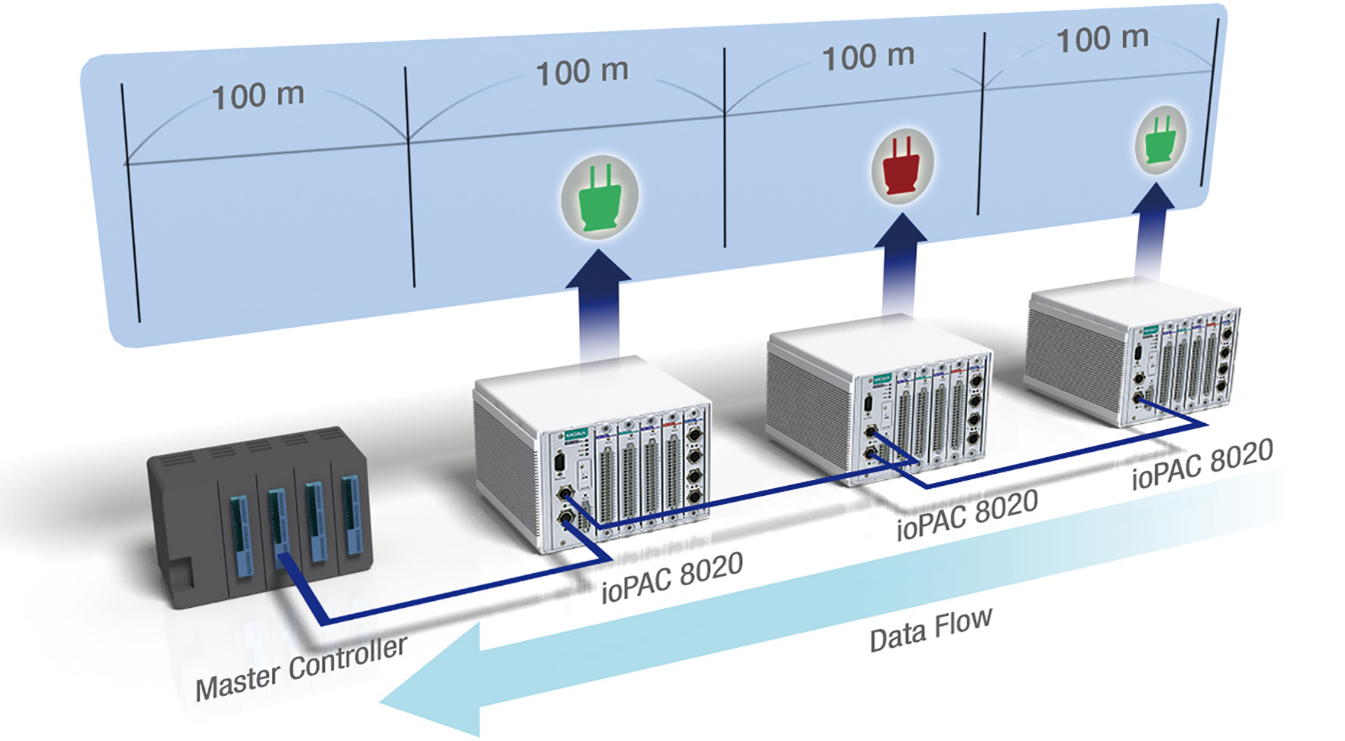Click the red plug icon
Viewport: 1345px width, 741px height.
point(902,164)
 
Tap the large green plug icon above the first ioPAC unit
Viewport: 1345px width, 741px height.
point(600,197)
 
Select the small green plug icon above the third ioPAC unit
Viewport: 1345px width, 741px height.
point(1159,140)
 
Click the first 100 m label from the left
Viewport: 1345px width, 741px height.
point(258,95)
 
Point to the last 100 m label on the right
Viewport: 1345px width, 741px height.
point(1102,38)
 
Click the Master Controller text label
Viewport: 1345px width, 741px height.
point(301,668)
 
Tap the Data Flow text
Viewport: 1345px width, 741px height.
point(930,629)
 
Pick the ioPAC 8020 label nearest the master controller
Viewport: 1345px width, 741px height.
point(672,577)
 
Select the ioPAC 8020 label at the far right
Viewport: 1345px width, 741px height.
point(1202,464)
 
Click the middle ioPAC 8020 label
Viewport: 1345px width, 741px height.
point(967,515)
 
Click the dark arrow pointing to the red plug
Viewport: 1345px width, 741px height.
point(900,254)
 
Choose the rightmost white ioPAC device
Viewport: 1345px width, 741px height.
point(1132,352)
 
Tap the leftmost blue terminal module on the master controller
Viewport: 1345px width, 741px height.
point(240,534)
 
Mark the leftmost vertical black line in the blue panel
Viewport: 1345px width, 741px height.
point(131,203)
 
